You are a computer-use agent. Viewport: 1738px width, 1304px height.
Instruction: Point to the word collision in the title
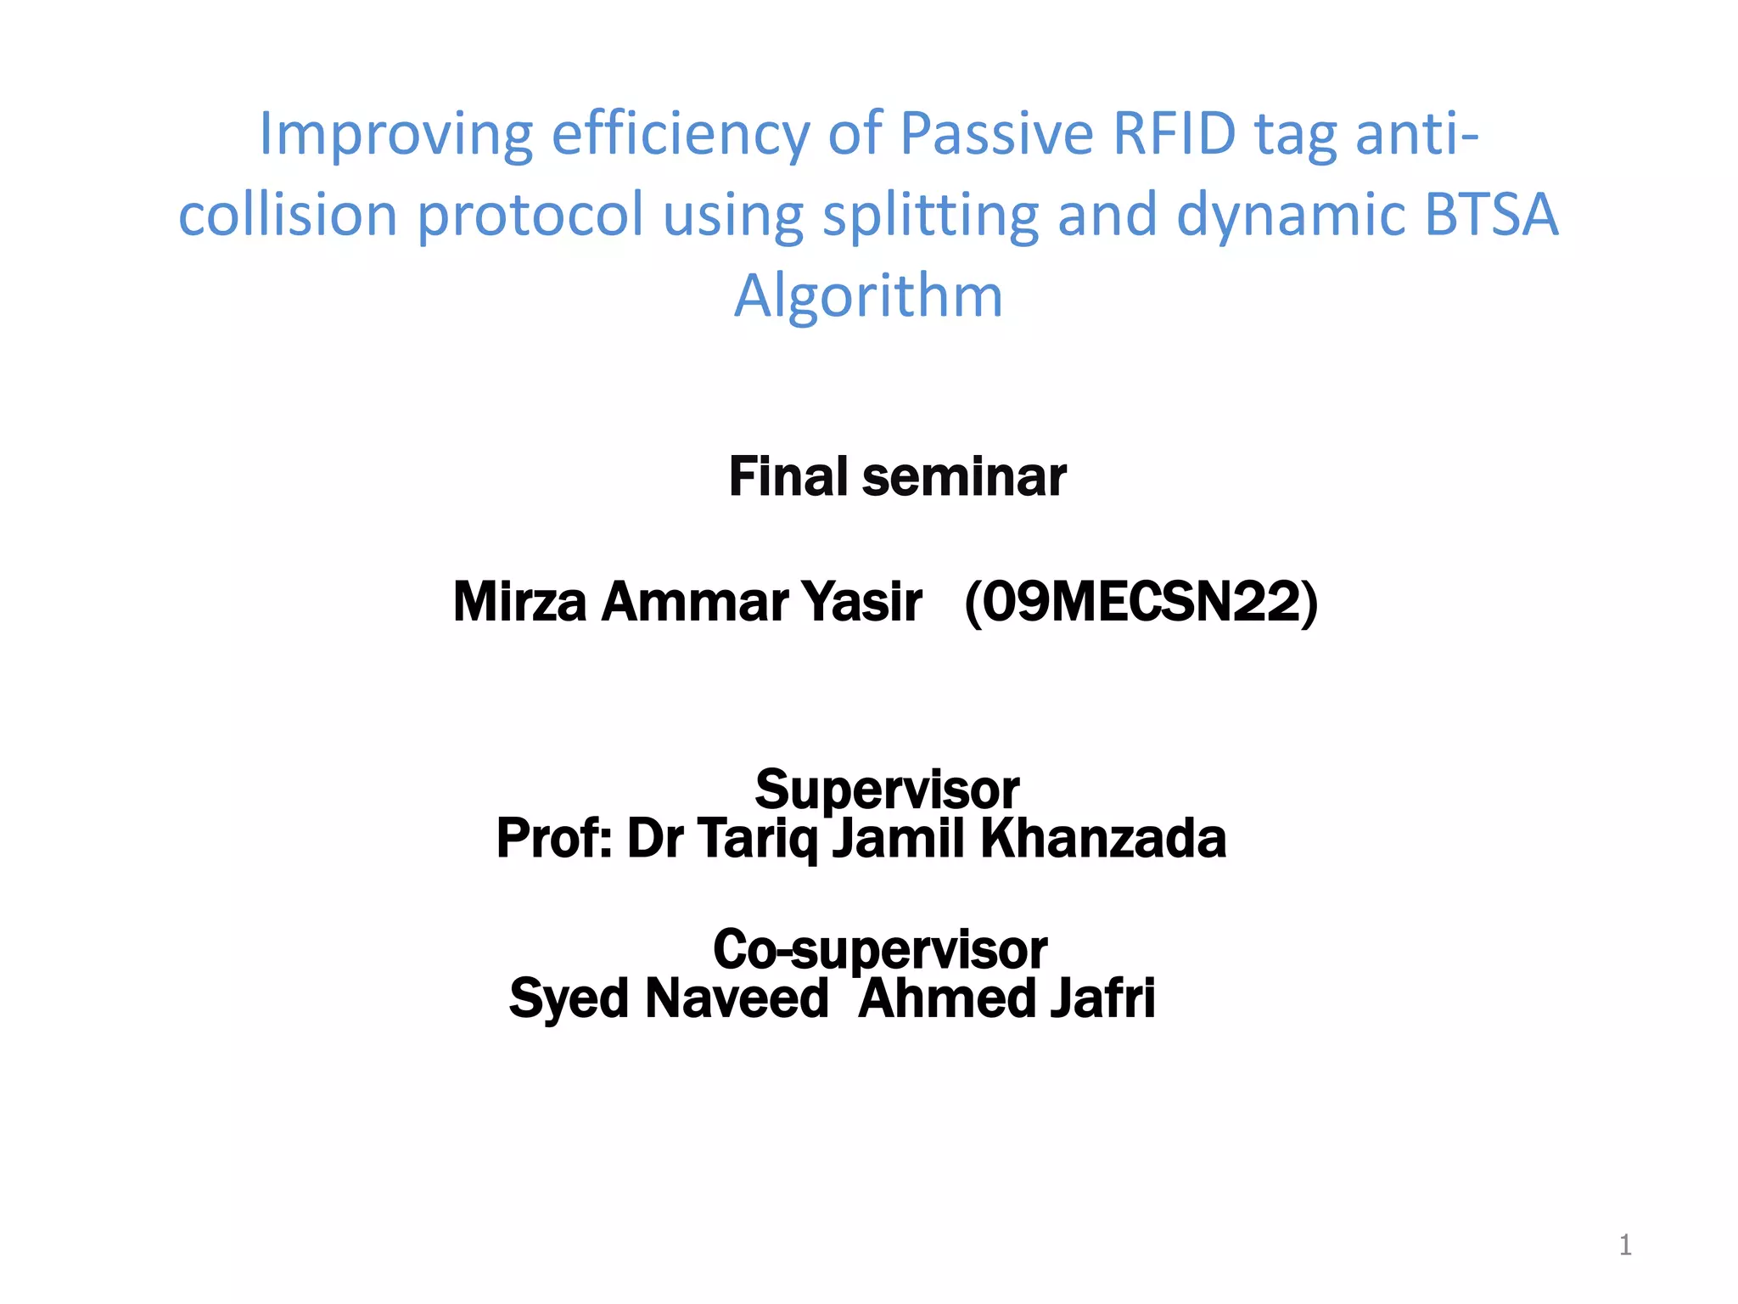(x=288, y=215)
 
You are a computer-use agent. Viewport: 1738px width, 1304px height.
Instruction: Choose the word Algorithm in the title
(x=868, y=297)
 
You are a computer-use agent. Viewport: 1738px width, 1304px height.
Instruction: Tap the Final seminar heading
(x=897, y=477)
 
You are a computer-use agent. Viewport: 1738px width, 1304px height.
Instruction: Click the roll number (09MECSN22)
(x=1141, y=602)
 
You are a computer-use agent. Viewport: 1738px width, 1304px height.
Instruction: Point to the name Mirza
(x=519, y=602)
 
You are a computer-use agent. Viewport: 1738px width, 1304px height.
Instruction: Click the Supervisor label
(x=887, y=790)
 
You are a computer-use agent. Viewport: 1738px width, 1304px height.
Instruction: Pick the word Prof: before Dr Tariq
(x=553, y=839)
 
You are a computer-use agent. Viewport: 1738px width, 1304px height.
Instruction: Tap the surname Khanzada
(x=1103, y=839)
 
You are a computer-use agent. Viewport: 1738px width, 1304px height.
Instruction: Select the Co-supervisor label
(x=880, y=949)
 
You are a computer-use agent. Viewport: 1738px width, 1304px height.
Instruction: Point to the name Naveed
(x=737, y=998)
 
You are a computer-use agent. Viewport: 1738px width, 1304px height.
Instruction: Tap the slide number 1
(x=1625, y=1245)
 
